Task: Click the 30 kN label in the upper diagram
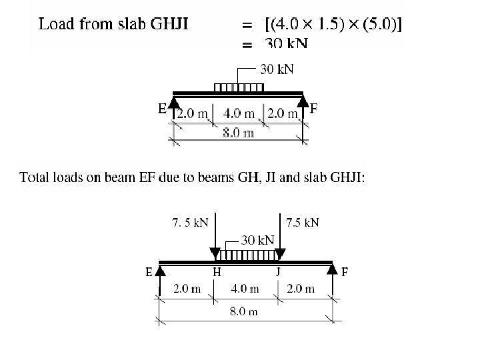[276, 69]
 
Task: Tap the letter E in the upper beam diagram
[162, 108]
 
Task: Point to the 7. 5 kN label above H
[191, 223]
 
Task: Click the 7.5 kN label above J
[302, 222]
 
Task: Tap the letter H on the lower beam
[217, 271]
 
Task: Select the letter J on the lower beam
[278, 271]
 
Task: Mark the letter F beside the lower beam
[344, 271]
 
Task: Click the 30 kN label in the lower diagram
[257, 239]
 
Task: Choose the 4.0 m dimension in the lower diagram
[245, 289]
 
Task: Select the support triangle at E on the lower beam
[161, 268]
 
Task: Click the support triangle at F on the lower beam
[331, 268]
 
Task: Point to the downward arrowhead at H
[215, 254]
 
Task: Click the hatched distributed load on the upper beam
[238, 87]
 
